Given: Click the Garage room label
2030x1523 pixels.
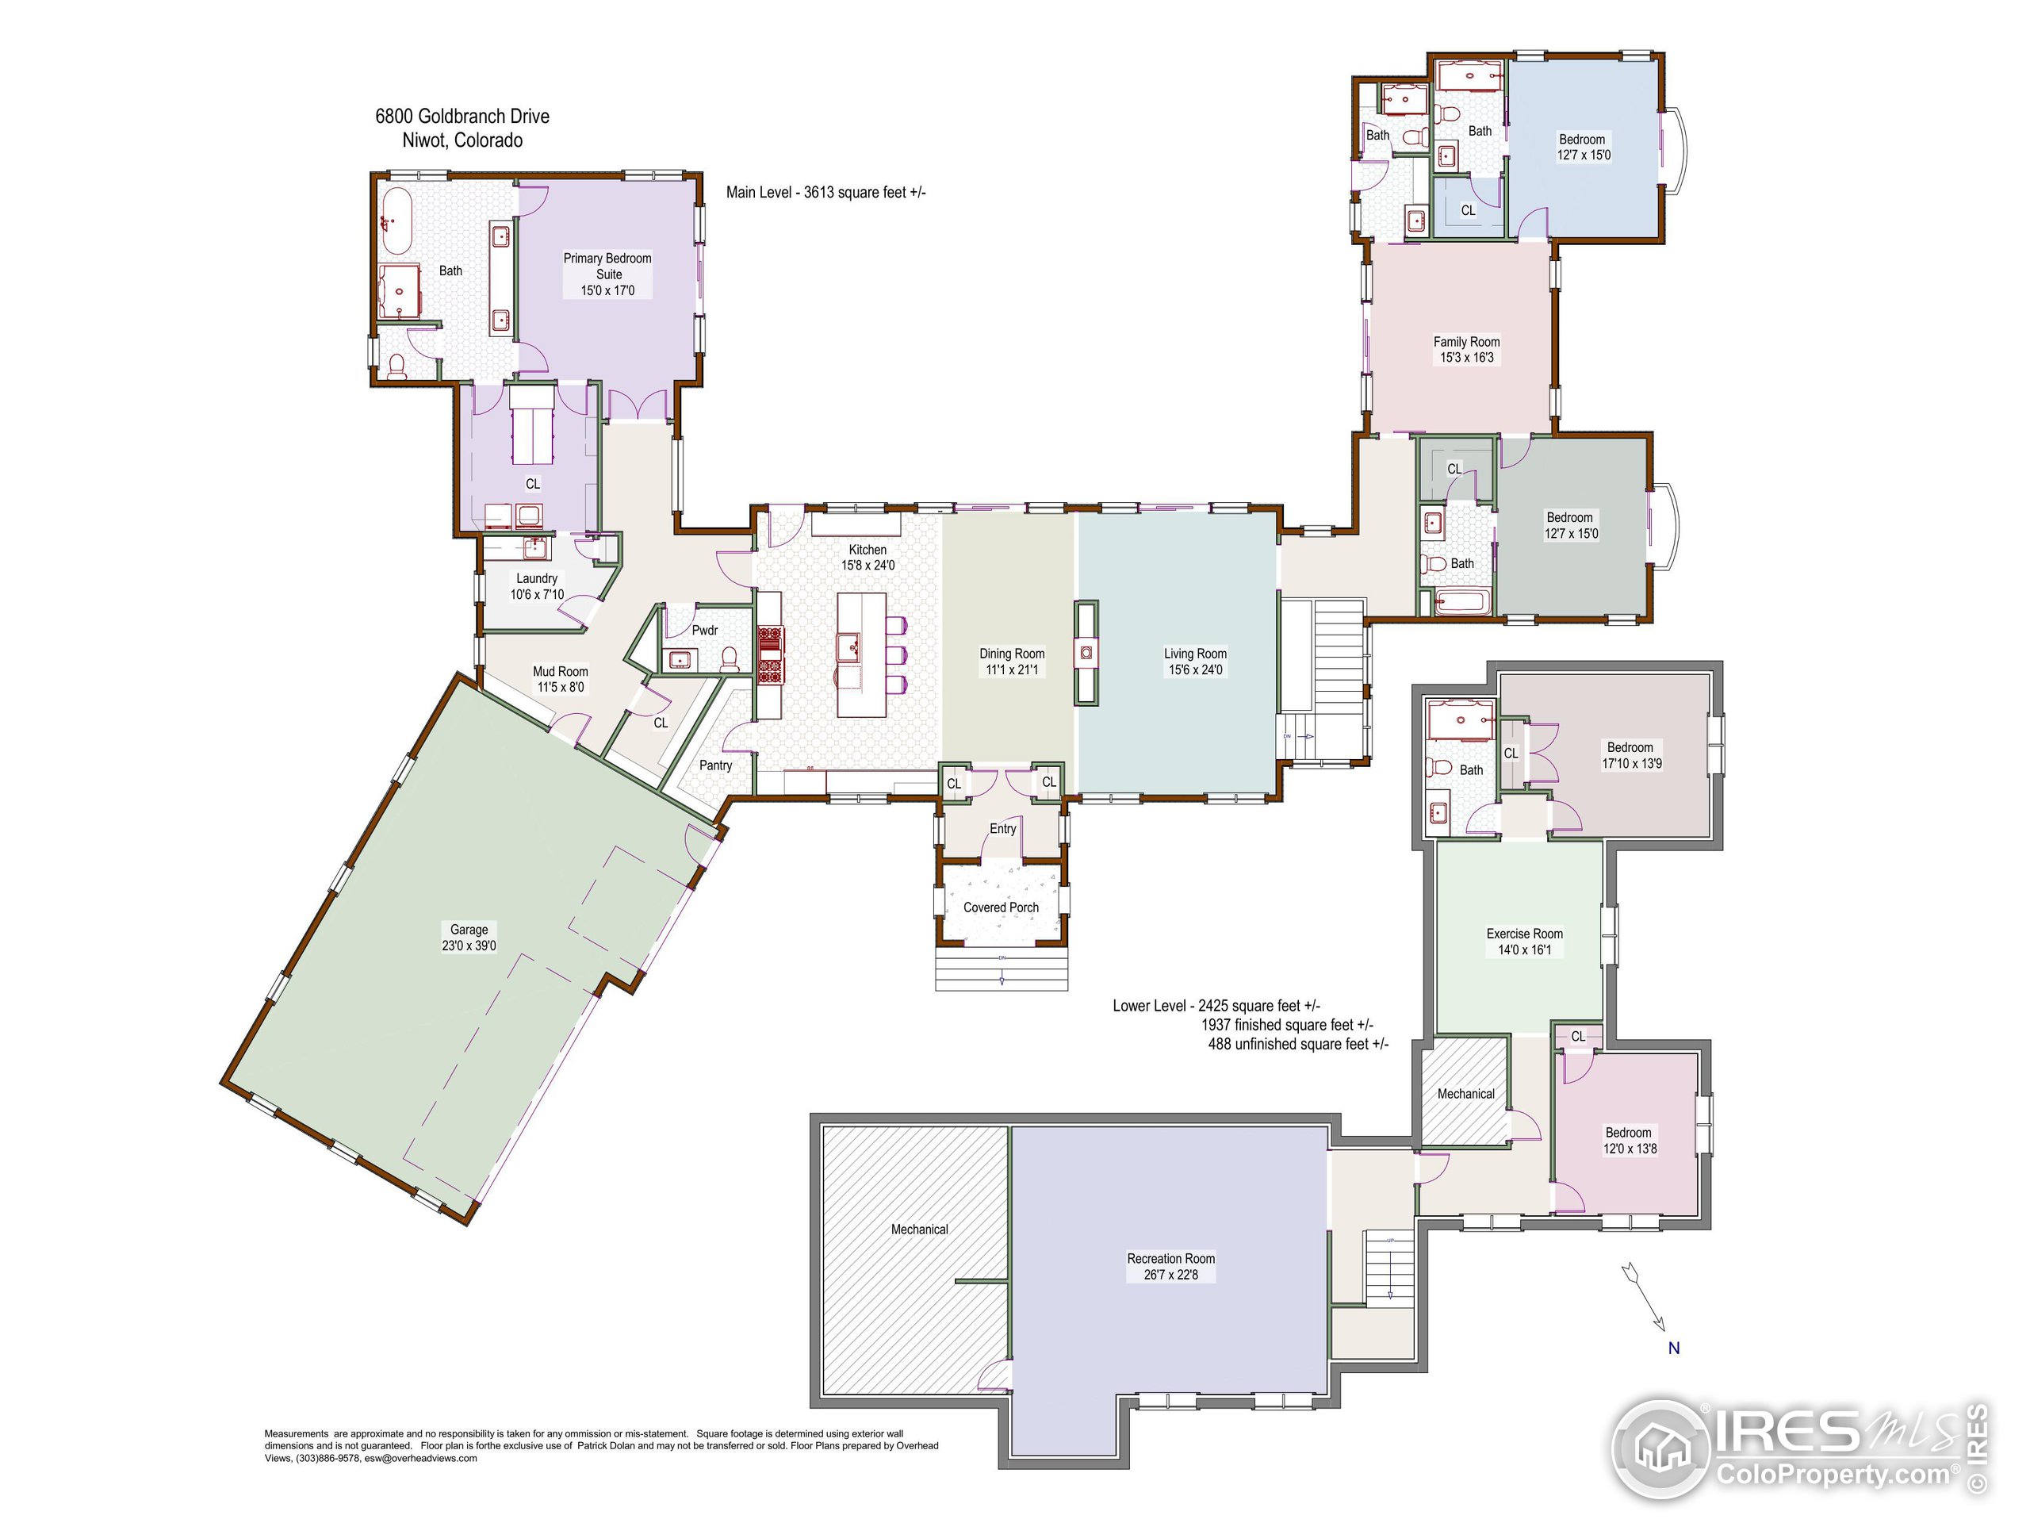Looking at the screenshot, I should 469,929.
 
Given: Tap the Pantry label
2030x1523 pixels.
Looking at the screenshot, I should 715,765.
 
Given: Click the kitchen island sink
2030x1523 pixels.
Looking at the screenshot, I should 849,646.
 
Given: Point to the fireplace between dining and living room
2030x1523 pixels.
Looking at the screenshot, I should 1086,652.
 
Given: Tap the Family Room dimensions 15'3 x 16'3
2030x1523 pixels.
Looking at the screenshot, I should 1465,357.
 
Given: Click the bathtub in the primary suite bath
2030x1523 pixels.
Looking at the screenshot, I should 396,221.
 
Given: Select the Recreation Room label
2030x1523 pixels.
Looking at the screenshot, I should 1170,1259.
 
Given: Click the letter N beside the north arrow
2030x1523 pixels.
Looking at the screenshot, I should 1673,1348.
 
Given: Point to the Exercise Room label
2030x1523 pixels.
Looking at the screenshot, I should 1524,933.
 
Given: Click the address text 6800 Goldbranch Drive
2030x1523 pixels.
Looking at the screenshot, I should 462,117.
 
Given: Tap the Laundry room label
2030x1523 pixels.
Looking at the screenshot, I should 536,578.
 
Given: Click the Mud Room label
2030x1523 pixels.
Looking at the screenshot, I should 560,671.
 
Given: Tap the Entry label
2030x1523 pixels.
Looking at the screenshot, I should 1002,828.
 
